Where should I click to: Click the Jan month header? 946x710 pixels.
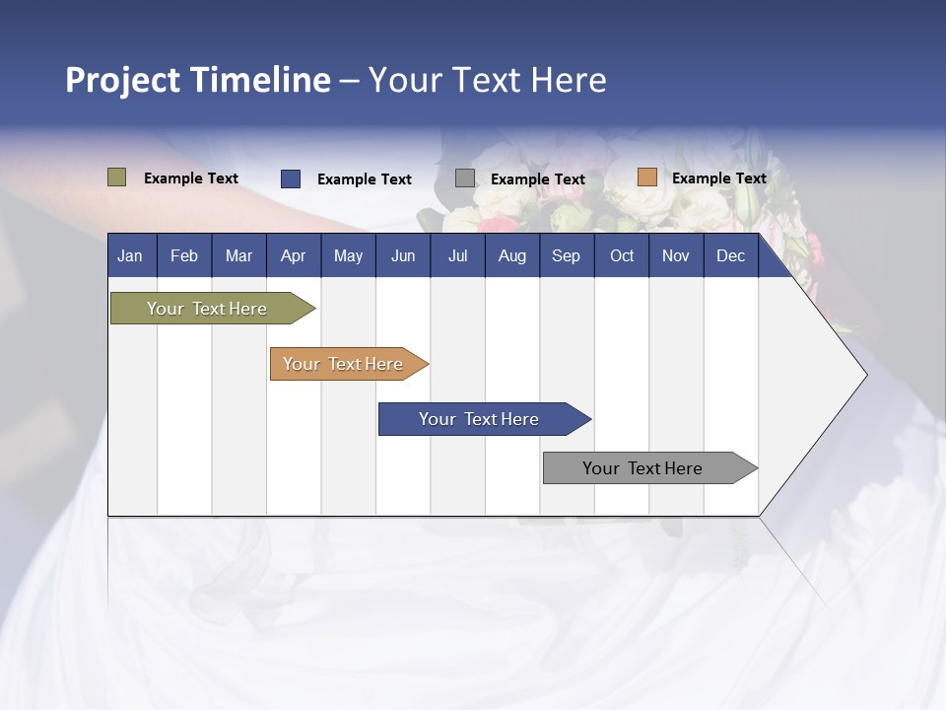tap(131, 256)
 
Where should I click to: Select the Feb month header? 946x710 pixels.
tap(184, 256)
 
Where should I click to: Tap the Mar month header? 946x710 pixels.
tap(238, 256)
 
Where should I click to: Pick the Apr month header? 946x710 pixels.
tap(294, 256)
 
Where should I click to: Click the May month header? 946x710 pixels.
tap(348, 256)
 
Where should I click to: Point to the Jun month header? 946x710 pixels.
tap(403, 256)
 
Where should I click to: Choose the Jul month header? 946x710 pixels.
tap(457, 256)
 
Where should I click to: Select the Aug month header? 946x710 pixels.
tap(512, 256)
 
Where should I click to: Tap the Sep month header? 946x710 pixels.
tap(567, 256)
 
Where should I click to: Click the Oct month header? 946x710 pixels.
tap(622, 256)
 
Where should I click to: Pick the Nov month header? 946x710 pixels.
tap(676, 256)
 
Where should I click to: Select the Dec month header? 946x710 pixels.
tap(731, 256)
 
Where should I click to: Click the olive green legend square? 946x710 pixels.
tap(117, 177)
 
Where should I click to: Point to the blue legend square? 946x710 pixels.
tap(291, 178)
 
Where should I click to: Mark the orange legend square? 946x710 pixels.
tap(646, 177)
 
